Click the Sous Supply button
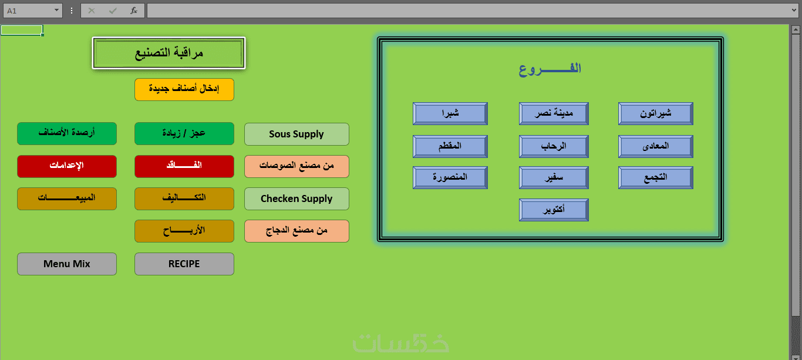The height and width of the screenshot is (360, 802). click(x=296, y=134)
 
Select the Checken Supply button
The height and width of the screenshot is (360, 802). click(x=296, y=198)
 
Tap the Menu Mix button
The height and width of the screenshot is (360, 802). click(x=67, y=264)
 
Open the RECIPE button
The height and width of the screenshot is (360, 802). click(x=184, y=264)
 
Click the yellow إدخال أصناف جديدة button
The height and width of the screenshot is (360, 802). click(x=184, y=89)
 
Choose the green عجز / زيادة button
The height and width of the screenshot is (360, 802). click(x=184, y=134)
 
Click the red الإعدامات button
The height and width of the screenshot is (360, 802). click(x=67, y=166)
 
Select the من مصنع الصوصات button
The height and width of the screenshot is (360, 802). click(x=296, y=166)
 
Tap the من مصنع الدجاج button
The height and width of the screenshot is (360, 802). click(x=296, y=231)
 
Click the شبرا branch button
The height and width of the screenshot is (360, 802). click(x=450, y=113)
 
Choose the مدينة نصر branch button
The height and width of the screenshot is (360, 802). click(x=554, y=113)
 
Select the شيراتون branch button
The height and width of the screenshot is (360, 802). click(x=656, y=113)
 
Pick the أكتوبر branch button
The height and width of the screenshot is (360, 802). click(x=554, y=210)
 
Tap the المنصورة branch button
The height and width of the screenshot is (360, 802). click(x=450, y=177)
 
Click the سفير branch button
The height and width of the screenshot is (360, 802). click(x=554, y=177)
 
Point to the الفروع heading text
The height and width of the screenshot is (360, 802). click(x=550, y=69)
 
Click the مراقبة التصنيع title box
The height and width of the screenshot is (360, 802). click(x=169, y=53)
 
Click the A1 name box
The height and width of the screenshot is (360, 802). click(x=32, y=11)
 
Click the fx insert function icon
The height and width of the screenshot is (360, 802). click(x=134, y=11)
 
